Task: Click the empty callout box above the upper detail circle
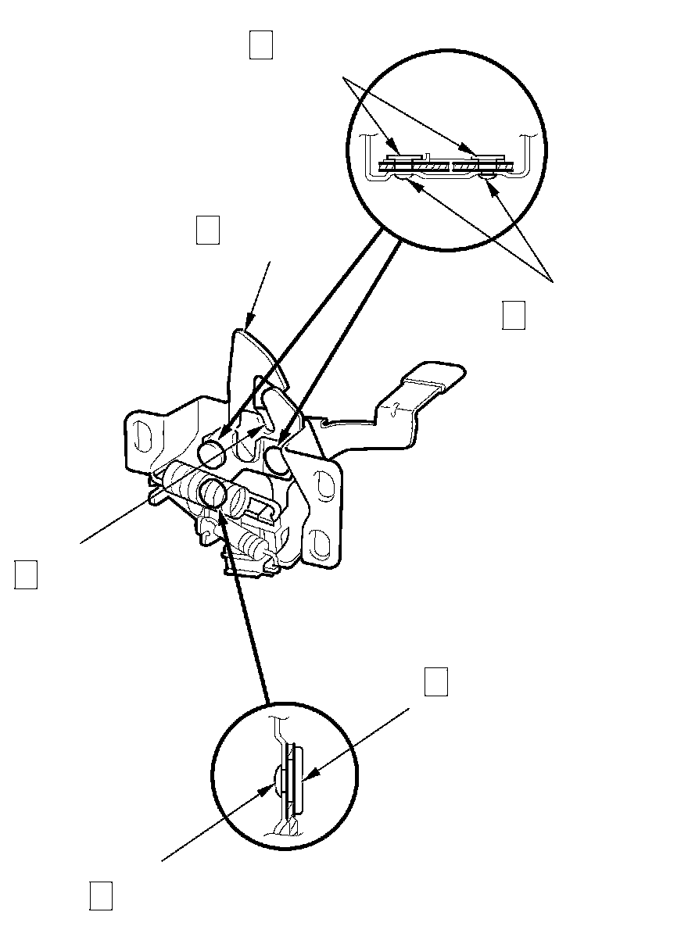click(x=260, y=45)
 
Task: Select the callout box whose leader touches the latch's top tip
click(x=207, y=231)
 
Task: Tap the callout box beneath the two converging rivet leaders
click(x=513, y=314)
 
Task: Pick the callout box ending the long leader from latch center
click(x=26, y=574)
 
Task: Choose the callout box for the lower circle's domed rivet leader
click(x=100, y=896)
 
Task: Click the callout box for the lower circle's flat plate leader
click(x=435, y=681)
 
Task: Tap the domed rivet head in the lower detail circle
click(x=279, y=780)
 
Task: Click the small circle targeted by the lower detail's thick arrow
click(x=213, y=492)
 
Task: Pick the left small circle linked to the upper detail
click(x=212, y=451)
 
